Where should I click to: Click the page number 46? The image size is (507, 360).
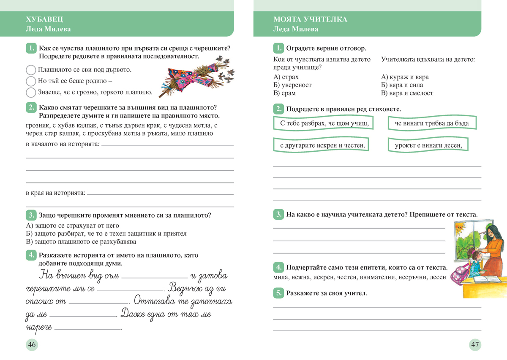32,345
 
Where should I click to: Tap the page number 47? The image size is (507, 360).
475,345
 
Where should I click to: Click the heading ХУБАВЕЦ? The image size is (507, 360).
45,19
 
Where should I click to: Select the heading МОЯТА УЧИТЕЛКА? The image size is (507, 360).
310,19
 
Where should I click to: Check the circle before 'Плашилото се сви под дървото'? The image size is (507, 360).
31,70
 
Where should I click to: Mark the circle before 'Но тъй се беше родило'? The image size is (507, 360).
31,81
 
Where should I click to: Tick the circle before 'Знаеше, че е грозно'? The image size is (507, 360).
31,93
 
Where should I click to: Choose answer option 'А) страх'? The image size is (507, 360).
286,77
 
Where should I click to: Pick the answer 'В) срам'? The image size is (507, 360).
284,93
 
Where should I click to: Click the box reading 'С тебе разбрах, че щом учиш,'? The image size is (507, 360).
323,123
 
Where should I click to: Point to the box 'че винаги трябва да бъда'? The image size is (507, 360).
432,123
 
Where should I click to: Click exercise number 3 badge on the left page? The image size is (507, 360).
31,215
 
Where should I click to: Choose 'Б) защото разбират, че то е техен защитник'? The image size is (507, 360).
106,233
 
